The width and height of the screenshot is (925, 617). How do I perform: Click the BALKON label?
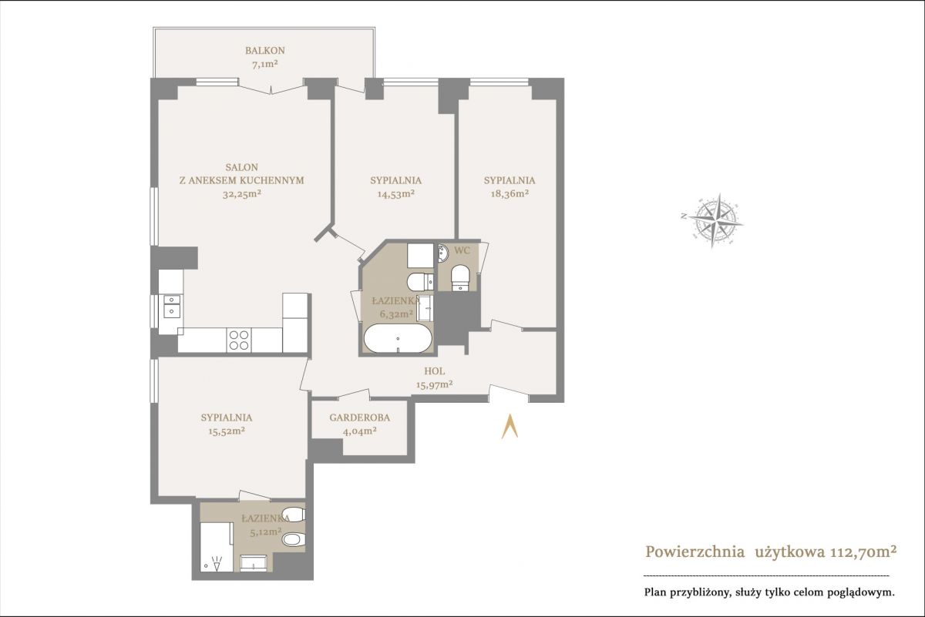click(x=264, y=51)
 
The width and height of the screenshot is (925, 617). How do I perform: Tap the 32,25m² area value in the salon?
click(x=241, y=194)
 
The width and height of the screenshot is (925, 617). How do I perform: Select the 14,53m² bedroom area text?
click(x=396, y=194)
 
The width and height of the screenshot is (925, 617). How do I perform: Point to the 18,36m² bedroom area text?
click(x=510, y=194)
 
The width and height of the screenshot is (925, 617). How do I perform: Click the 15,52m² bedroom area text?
click(x=227, y=431)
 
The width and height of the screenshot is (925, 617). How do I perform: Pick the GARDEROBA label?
click(x=360, y=417)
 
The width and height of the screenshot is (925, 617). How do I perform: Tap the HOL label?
click(x=435, y=371)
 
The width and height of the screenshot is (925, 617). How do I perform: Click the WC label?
click(x=462, y=250)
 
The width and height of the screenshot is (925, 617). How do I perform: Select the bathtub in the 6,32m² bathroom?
click(x=398, y=338)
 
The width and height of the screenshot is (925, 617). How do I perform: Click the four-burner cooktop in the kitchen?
click(x=239, y=340)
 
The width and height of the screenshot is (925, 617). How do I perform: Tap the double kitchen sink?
click(x=172, y=306)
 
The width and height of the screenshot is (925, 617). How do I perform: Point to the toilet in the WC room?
click(x=460, y=278)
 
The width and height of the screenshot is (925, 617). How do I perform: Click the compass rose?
click(x=712, y=220)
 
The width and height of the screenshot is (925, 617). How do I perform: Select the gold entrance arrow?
click(x=510, y=427)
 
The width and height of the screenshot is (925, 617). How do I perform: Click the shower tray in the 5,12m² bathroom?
click(x=217, y=547)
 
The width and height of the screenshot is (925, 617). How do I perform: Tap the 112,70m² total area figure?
click(x=863, y=552)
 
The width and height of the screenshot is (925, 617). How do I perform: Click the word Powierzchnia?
click(x=695, y=552)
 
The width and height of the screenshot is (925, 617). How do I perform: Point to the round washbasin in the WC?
click(x=442, y=253)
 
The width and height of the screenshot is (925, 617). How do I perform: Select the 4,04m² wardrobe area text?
click(x=360, y=431)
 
